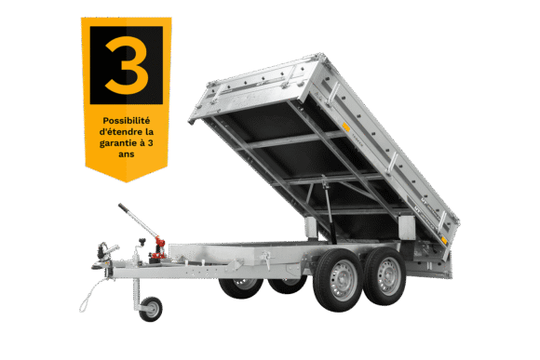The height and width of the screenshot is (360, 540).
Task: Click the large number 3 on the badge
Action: coord(127,65)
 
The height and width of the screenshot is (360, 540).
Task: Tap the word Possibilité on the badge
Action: coord(127,121)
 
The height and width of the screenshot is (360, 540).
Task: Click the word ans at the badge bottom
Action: coord(127,154)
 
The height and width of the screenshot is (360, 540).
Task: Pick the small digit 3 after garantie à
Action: coord(150,143)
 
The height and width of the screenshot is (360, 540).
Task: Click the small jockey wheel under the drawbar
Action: coord(151,309)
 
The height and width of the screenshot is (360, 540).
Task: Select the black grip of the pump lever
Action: coord(123,207)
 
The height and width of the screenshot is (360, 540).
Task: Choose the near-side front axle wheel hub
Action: coord(341,281)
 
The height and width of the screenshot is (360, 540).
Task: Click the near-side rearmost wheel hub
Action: coord(388,276)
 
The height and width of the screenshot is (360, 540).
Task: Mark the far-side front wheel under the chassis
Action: coord(241,288)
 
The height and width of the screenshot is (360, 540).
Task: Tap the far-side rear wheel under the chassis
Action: coord(287,284)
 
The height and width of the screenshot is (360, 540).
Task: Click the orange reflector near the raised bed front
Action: coord(345,127)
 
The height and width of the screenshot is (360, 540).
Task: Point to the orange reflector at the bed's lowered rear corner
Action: coord(444,240)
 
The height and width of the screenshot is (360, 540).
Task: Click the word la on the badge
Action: coord(150,132)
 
